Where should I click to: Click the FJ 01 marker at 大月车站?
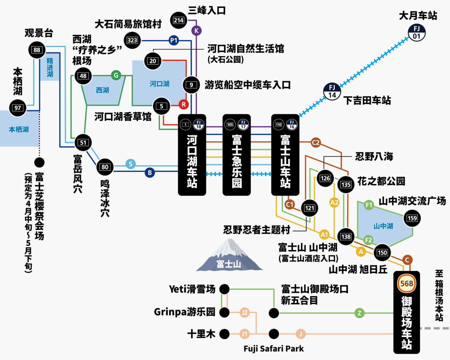coord(417,32)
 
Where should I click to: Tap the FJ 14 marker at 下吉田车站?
coord(332,91)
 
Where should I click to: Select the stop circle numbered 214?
coord(179,20)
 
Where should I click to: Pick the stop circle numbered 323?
coord(132,40)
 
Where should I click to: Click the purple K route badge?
coord(196,31)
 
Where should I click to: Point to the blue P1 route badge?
coord(174,40)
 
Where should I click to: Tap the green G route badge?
coord(116,75)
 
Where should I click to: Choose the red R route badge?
coord(183,105)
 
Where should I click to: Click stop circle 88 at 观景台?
coord(37,50)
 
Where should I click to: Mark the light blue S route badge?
coord(130,164)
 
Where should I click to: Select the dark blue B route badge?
coord(150,173)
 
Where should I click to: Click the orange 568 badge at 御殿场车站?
coord(407,284)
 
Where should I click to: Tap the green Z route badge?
coord(359,313)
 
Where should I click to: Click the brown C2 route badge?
coord(315,143)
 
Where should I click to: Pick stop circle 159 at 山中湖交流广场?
coord(412,218)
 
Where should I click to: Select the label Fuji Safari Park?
coord(274,349)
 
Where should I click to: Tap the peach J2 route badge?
coord(244,313)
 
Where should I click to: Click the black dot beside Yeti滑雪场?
coord(224,289)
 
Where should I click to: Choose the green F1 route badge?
coord(369,205)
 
